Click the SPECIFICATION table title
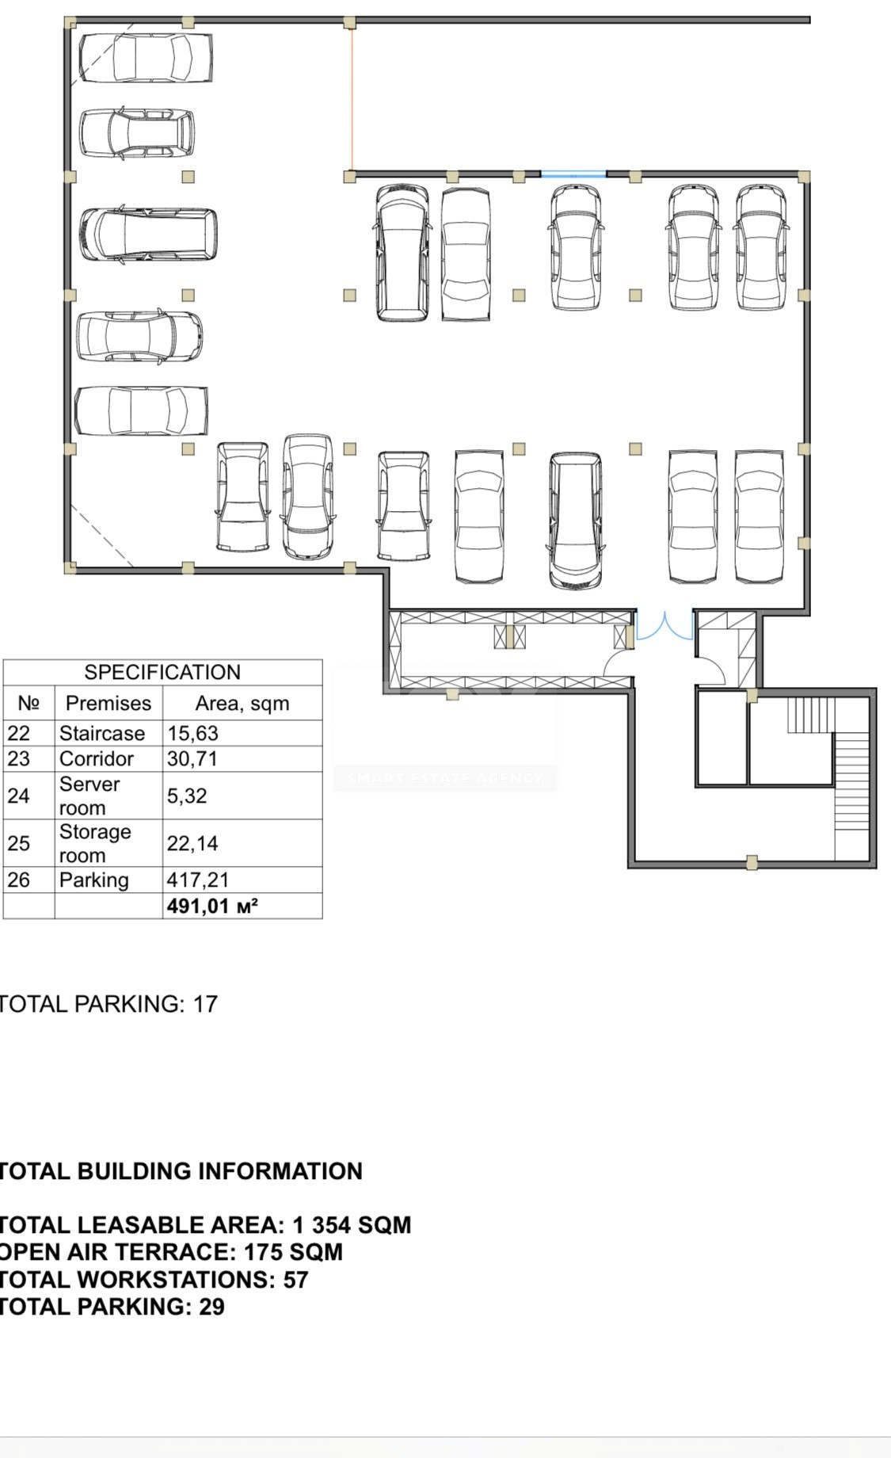pos(162,672)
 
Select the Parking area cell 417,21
pos(197,880)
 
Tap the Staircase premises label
pos(102,733)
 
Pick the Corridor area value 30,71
pos(192,758)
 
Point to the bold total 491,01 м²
pos(212,906)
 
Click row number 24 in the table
pos(18,795)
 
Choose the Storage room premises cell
pos(95,843)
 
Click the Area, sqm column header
pos(242,703)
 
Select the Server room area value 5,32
pos(187,795)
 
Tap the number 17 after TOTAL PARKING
pos(205,1004)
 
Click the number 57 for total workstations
pos(295,1280)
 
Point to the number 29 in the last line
pos(211,1307)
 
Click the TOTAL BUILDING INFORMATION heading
pos(181,1171)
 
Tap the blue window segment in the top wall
pos(573,174)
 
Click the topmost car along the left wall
pos(146,57)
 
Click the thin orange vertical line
pos(352,99)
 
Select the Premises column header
pos(109,703)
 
